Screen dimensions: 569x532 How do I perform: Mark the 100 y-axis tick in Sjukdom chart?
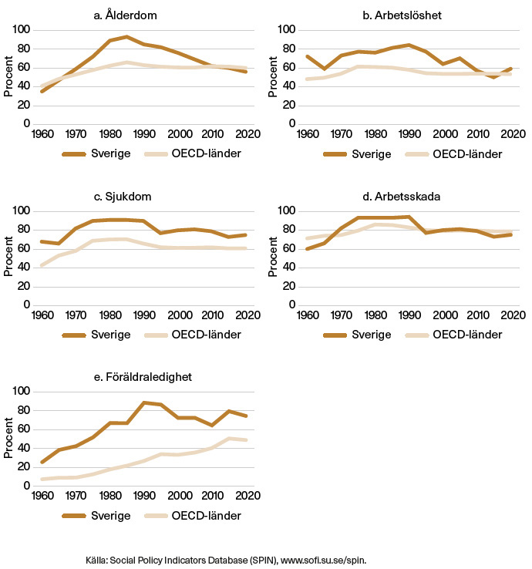[x=21, y=210]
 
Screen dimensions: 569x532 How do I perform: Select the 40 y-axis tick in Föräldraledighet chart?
[x=24, y=448]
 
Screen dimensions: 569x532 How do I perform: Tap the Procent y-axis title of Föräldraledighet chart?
[x=8, y=439]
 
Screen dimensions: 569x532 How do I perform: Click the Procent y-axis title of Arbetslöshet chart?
[x=274, y=76]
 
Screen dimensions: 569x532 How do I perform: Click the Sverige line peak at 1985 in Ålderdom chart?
[x=126, y=36]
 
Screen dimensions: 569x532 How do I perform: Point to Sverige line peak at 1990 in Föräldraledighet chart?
[x=143, y=402]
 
